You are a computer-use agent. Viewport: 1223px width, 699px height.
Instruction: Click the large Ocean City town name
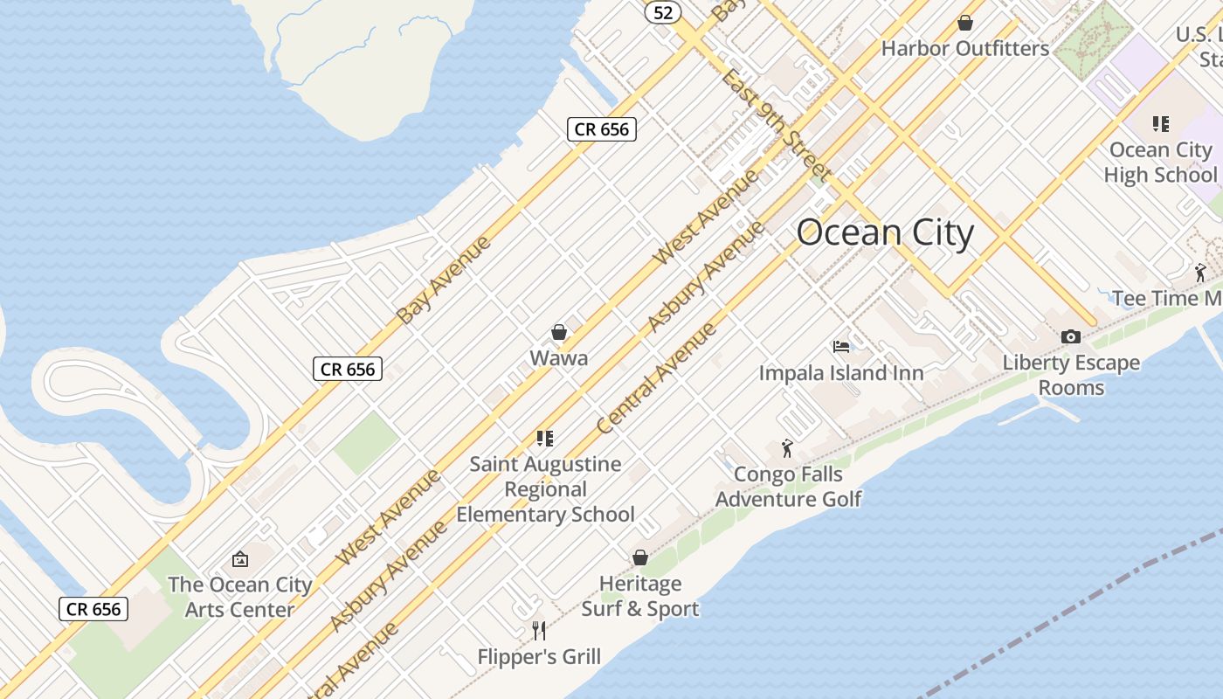click(x=885, y=233)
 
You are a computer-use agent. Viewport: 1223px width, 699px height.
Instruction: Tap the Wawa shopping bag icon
click(x=559, y=332)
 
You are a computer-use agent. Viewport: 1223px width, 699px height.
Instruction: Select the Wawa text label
click(x=559, y=358)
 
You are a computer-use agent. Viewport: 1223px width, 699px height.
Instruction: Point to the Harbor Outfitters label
click(x=964, y=48)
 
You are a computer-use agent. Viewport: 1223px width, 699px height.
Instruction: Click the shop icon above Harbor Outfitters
click(x=965, y=22)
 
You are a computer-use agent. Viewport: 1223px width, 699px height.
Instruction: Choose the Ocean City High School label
click(x=1160, y=163)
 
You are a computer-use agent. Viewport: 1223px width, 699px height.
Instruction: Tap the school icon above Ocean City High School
click(x=1160, y=123)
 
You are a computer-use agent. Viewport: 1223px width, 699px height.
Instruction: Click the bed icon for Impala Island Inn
click(x=841, y=347)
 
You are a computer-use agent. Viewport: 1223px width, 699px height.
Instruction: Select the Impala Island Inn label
click(x=841, y=373)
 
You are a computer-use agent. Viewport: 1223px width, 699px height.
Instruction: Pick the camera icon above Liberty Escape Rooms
click(x=1071, y=336)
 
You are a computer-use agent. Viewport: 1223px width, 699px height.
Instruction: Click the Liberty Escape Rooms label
click(x=1071, y=375)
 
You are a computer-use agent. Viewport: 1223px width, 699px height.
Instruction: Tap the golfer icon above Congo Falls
click(x=787, y=448)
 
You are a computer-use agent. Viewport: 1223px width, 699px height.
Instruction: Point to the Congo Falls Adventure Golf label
click(x=789, y=487)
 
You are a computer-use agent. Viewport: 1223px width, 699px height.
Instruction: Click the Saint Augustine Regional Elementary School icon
click(x=545, y=438)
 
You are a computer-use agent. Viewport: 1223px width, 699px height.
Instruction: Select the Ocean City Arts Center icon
click(x=239, y=559)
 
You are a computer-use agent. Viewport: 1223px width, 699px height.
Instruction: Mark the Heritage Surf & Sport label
click(x=640, y=596)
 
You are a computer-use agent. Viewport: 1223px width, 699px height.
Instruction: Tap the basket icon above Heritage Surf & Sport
click(x=640, y=557)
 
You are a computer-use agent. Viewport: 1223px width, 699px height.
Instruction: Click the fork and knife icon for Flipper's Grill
click(x=539, y=630)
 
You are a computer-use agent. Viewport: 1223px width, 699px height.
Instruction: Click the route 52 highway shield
click(x=663, y=12)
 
